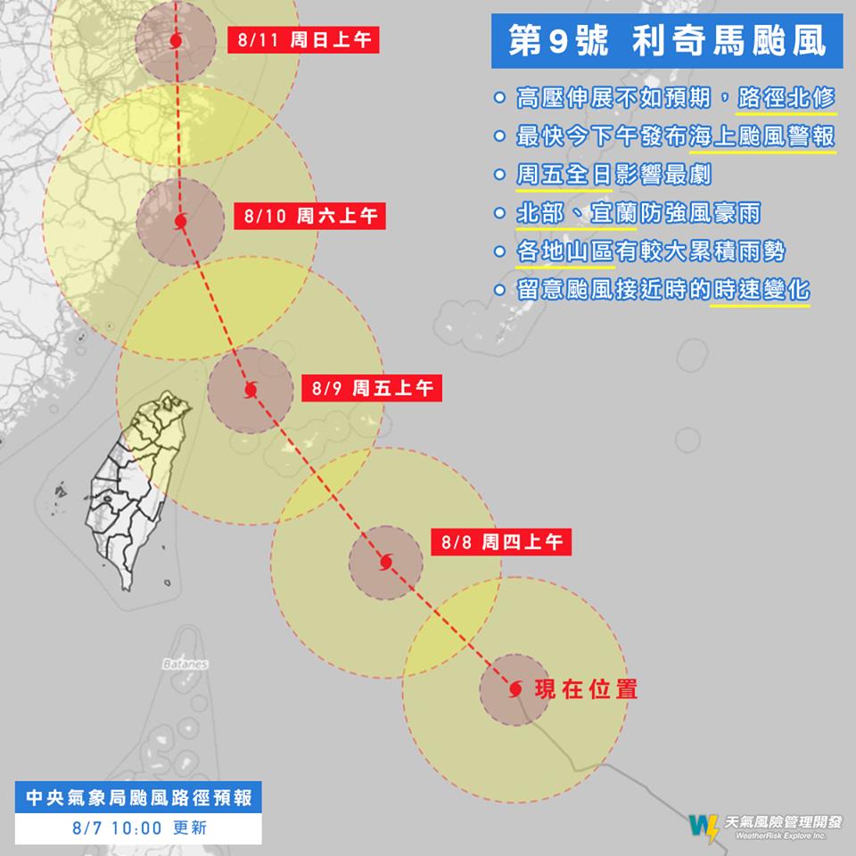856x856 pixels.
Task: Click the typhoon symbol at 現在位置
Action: [x=515, y=689]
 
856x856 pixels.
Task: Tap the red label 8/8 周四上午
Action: [x=501, y=541]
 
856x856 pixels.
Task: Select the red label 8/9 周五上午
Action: [x=373, y=389]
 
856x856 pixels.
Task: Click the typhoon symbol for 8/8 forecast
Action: [x=385, y=562]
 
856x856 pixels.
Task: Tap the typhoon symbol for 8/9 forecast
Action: [x=250, y=390]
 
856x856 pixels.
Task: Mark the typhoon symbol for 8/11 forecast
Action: [x=176, y=41]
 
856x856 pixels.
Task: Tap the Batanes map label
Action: [x=185, y=664]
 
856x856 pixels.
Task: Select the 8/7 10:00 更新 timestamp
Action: [x=140, y=827]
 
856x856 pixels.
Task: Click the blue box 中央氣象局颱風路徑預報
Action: [x=140, y=796]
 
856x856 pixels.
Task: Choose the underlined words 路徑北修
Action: [x=786, y=98]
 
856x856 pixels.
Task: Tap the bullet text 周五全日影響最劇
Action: [x=613, y=176]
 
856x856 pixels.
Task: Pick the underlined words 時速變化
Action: [x=760, y=292]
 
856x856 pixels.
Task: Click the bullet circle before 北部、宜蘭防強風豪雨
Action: [x=501, y=215]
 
